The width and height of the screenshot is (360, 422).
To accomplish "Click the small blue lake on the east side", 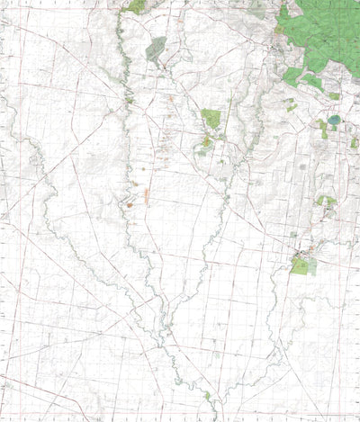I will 335,119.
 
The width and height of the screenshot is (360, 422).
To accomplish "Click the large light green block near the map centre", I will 211,118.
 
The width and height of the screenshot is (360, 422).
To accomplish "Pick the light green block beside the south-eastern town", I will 303,266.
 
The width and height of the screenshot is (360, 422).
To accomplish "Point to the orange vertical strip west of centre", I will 146,193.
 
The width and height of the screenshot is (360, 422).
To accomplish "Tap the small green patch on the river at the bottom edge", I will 207,396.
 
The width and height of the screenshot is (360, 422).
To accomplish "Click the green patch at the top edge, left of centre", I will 136,6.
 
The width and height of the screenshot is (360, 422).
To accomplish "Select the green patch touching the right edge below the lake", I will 354,142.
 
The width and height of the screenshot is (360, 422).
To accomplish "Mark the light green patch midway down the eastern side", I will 325,202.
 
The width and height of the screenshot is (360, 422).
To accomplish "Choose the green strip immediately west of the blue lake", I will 322,129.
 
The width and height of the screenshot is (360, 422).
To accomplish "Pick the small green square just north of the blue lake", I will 334,95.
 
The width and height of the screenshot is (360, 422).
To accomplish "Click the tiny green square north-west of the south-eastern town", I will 293,235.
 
